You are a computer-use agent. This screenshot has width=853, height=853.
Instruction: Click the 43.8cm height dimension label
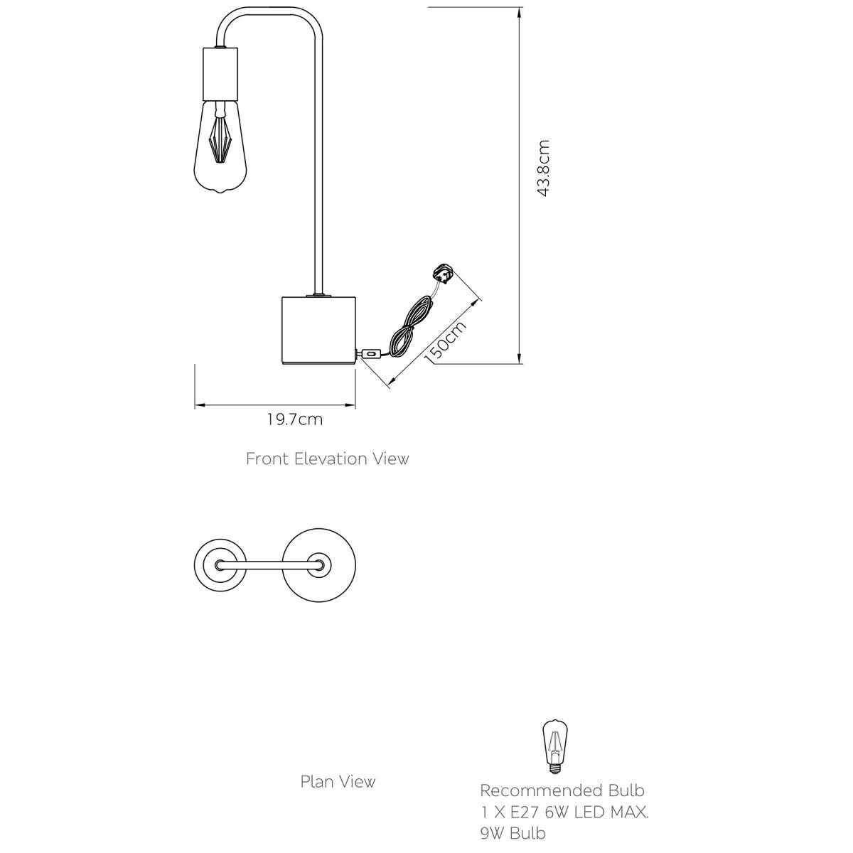point(542,168)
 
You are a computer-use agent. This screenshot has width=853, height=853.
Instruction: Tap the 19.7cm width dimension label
point(295,419)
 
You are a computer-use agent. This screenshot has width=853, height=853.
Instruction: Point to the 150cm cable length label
point(445,342)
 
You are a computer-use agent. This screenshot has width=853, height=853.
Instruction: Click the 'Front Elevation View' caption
point(327,458)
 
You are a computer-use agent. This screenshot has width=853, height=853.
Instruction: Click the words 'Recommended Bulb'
point(562,790)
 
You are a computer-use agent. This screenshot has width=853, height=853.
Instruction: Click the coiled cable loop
point(410,327)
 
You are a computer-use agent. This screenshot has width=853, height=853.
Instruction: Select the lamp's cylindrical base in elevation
point(318,330)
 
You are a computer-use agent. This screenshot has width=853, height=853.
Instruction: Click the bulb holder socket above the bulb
point(220,74)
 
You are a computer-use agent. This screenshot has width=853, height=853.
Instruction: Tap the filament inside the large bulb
point(220,139)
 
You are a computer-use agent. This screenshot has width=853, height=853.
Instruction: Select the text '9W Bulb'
point(513,834)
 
